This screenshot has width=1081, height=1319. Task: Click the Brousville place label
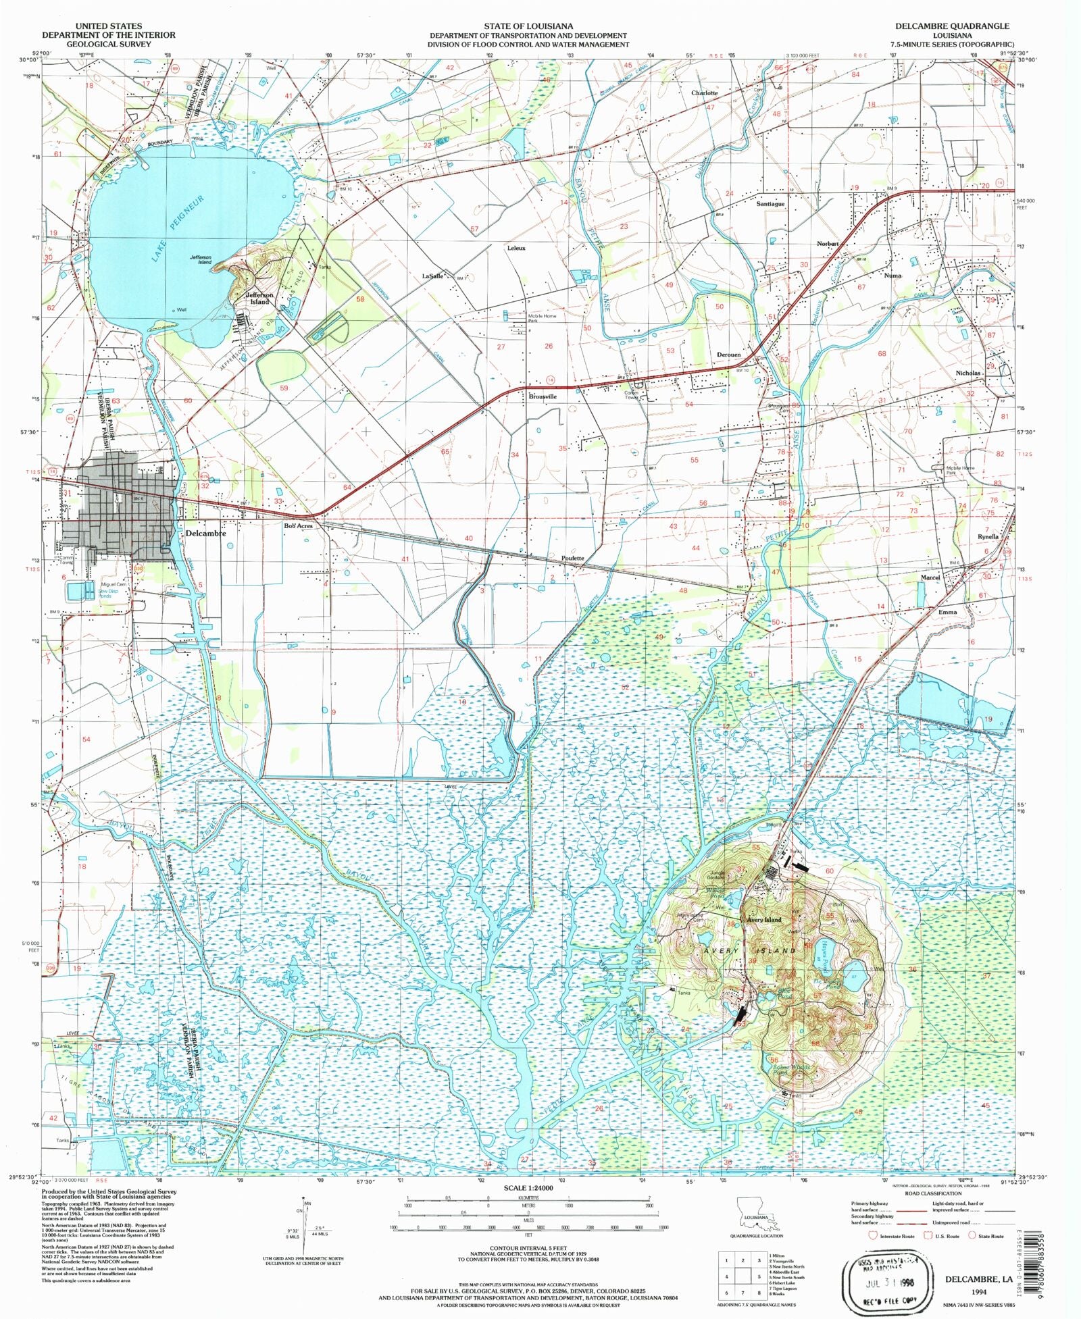click(x=543, y=396)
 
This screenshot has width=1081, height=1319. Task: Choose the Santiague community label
click(x=770, y=203)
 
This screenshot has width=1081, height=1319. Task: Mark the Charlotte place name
click(x=705, y=93)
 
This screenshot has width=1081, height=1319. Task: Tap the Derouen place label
click(x=728, y=355)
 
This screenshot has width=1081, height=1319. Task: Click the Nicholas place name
click(x=967, y=373)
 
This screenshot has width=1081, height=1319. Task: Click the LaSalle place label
click(x=432, y=276)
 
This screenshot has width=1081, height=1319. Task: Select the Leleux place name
click(x=516, y=248)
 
